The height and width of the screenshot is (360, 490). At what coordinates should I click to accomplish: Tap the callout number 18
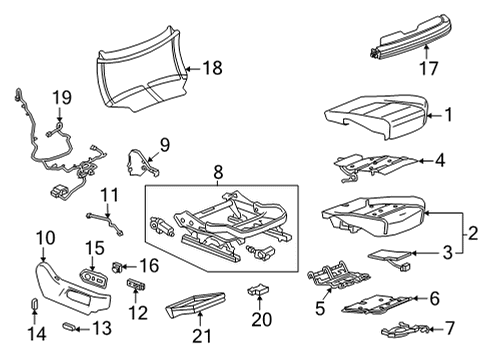click(211, 67)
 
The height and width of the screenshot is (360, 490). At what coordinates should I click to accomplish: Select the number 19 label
click(61, 98)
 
